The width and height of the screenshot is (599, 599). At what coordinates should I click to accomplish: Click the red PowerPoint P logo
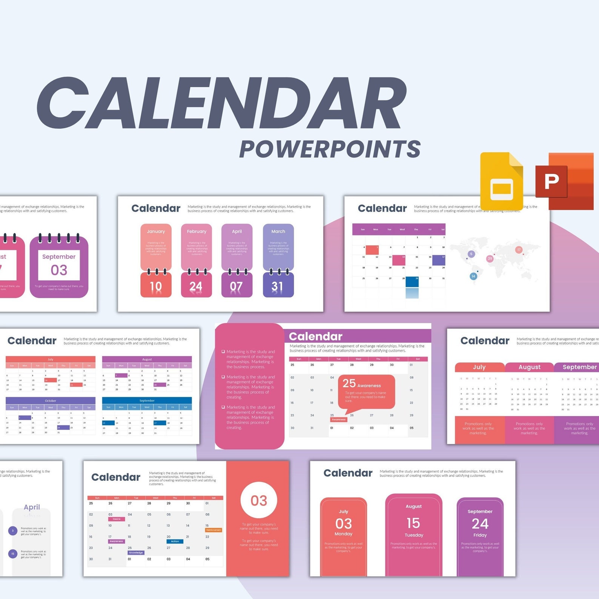[x=551, y=181]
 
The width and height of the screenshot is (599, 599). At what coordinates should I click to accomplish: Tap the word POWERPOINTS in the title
[x=330, y=149]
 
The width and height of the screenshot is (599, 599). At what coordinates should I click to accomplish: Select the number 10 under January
[x=156, y=287]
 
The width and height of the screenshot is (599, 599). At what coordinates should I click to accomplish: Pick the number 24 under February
[x=196, y=287]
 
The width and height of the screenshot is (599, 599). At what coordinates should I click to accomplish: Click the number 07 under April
[x=237, y=287]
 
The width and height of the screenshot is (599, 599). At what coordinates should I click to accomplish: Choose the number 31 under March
[x=278, y=287]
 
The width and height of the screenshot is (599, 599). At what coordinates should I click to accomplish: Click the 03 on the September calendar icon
[x=59, y=270]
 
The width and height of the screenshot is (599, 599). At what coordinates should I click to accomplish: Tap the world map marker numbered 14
[x=473, y=276]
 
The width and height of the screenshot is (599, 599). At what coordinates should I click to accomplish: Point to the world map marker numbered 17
[x=519, y=250]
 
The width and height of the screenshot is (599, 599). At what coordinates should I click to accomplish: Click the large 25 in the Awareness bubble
[x=349, y=383]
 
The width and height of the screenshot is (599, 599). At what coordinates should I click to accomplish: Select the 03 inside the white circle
[x=259, y=501]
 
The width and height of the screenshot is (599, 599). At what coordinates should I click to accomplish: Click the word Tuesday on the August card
[x=414, y=535]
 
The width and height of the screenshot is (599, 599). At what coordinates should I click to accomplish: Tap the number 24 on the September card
[x=480, y=524]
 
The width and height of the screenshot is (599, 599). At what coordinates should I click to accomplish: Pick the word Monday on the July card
[x=343, y=534]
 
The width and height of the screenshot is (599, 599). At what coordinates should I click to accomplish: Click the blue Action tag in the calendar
[x=175, y=541]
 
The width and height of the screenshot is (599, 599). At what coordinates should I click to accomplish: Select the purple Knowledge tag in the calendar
[x=136, y=553]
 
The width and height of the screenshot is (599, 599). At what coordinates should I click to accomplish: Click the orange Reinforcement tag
[x=213, y=530]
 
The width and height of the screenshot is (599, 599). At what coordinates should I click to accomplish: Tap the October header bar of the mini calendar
[x=51, y=401]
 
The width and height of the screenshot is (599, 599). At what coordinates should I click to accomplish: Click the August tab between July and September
[x=529, y=367]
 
